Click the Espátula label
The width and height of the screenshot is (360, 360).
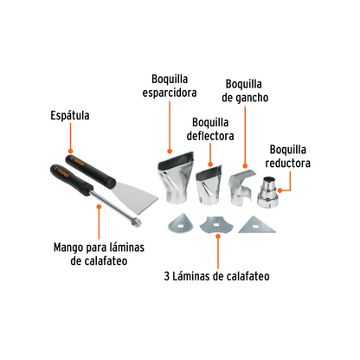70,116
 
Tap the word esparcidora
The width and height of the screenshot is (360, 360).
170,93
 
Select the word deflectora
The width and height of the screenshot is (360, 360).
210,136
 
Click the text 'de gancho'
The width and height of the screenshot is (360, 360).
245,98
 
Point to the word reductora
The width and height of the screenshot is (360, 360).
288,164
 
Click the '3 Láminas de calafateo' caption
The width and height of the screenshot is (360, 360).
217,276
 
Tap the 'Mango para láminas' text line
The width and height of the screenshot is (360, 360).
99,247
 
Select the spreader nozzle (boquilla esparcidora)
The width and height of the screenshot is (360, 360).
176,178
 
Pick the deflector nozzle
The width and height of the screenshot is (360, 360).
209,185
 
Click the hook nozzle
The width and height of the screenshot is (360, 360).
241,188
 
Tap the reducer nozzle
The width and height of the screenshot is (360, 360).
268,191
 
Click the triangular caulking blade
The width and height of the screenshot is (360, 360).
256,226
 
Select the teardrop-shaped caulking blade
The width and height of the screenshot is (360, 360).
180,223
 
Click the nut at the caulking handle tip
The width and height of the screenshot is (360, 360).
136,222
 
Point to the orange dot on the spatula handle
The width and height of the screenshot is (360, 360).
70,151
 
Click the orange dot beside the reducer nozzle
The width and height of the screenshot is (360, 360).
280,190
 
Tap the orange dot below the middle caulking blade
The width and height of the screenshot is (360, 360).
218,236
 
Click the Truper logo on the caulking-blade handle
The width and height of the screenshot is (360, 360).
61,172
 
